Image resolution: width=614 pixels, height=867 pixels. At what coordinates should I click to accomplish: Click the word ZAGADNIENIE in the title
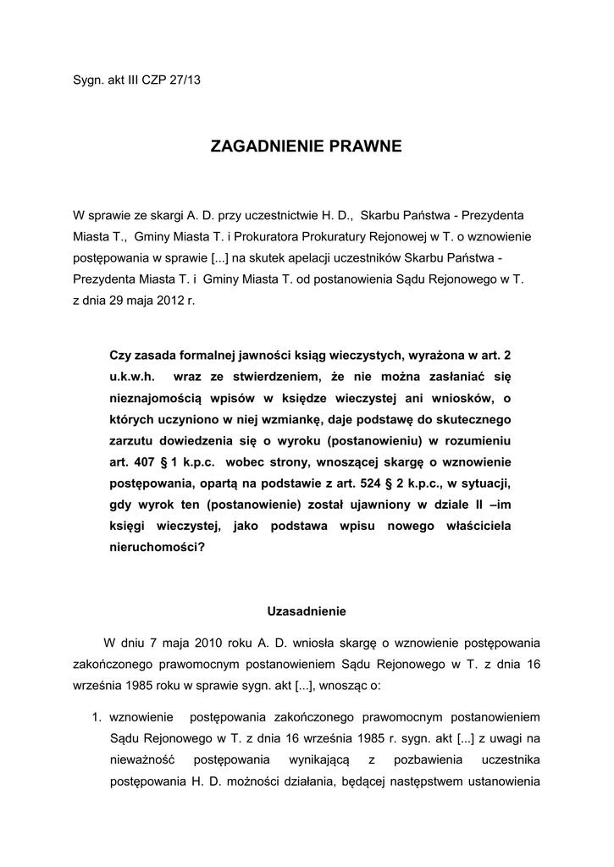click(x=263, y=147)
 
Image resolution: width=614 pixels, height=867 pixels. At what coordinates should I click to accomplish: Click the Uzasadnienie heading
click(x=307, y=610)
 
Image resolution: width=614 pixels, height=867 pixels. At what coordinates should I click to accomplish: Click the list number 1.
click(x=96, y=717)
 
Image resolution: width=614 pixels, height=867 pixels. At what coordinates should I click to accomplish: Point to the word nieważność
click(x=143, y=759)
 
